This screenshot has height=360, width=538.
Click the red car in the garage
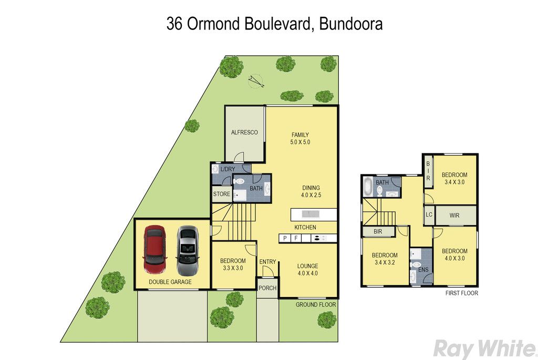(155, 250)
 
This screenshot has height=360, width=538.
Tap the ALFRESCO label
(244, 132)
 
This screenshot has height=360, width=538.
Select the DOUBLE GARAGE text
(170, 282)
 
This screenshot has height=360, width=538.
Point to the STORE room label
(222, 194)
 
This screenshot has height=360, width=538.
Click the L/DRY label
(228, 169)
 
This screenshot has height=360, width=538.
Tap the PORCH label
(267, 288)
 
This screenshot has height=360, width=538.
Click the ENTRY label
(267, 262)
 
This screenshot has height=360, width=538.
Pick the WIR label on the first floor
(454, 215)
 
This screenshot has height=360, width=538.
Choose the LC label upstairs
(429, 215)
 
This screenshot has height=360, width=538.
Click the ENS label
(423, 270)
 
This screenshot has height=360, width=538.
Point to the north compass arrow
(256, 81)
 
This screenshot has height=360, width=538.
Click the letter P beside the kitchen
(285, 238)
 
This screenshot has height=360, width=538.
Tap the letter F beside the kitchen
(296, 238)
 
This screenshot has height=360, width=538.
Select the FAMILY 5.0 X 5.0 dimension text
(300, 138)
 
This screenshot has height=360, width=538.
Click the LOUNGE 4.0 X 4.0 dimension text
(308, 270)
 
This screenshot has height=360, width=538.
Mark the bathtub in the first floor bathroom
(367, 187)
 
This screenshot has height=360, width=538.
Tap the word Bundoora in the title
(350, 24)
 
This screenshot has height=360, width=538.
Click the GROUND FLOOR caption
(316, 304)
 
